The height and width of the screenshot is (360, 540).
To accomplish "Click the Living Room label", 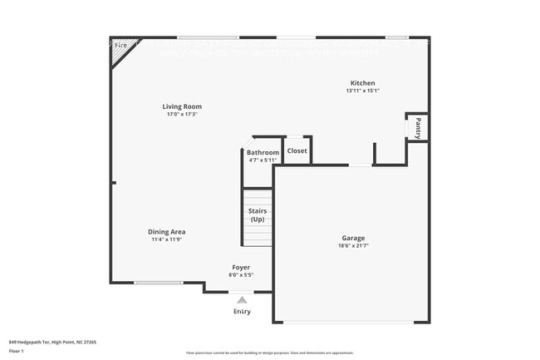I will [x=182, y=106].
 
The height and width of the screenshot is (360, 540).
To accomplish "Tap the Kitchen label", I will [x=362, y=83].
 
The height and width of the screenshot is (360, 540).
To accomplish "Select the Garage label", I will [x=353, y=238].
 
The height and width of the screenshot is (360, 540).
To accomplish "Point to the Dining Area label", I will [x=167, y=232].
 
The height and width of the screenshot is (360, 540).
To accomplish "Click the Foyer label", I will [x=241, y=267].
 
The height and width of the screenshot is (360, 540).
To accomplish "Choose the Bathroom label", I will [x=263, y=152].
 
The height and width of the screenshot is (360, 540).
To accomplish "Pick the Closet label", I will [x=297, y=150].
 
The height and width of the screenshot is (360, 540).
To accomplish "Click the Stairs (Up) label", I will [x=258, y=215].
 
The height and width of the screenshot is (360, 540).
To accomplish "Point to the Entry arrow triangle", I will [x=242, y=299].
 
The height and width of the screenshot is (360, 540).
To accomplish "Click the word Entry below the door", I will [x=242, y=312].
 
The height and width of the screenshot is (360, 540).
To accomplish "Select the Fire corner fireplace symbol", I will [x=120, y=46].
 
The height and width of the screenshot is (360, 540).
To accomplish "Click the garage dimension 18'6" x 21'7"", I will [x=353, y=246].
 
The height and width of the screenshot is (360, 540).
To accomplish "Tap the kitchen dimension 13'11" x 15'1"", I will [x=362, y=91].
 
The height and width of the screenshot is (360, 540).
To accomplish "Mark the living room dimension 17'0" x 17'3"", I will [x=182, y=114].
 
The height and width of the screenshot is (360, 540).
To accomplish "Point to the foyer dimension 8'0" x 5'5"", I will [x=241, y=274].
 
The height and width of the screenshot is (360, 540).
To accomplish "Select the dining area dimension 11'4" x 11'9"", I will [x=167, y=239].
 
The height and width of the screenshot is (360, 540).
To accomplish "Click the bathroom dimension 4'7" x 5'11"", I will [x=263, y=160].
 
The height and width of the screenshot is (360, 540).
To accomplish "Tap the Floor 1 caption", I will [x=17, y=351].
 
